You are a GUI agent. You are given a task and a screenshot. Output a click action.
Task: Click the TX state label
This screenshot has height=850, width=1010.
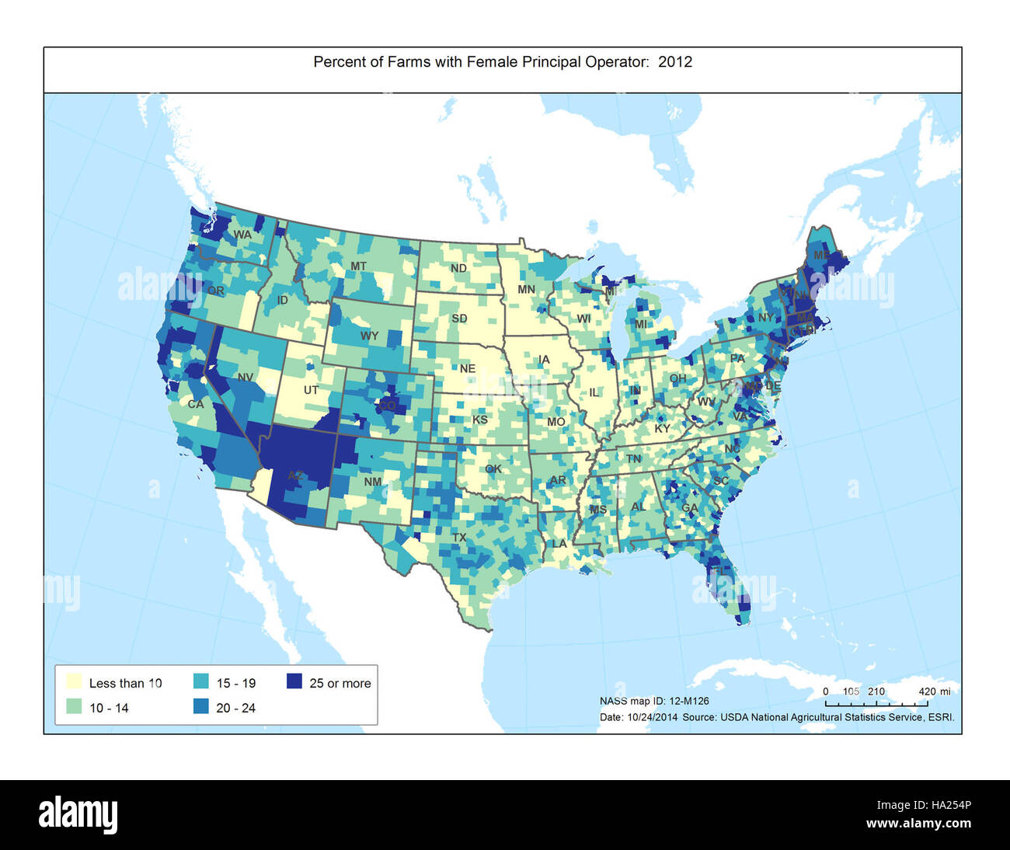(459, 538)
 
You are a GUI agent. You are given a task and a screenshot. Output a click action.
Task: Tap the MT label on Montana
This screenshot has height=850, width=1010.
(358, 266)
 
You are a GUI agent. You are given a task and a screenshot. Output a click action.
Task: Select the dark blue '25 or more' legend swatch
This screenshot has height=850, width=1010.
(293, 682)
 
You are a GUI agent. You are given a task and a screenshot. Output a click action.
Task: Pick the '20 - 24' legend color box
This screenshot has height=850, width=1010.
(200, 707)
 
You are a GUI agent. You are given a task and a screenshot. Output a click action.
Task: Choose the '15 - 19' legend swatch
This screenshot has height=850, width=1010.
(200, 682)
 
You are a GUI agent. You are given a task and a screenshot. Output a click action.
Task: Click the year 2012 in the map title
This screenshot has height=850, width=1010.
(675, 62)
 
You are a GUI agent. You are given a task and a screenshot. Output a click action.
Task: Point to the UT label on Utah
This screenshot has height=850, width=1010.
(311, 390)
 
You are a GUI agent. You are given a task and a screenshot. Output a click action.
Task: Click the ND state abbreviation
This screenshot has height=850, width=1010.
(458, 269)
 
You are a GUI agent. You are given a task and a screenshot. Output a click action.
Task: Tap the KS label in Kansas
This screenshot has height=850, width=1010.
(480, 420)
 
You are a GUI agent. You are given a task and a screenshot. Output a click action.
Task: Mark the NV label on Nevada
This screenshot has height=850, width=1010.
(246, 378)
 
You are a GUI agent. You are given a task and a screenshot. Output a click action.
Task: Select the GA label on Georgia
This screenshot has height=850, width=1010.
(689, 508)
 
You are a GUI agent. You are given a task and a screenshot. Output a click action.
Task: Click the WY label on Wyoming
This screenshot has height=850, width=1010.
(369, 336)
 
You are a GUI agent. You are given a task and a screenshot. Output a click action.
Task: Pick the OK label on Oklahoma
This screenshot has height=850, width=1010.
(493, 469)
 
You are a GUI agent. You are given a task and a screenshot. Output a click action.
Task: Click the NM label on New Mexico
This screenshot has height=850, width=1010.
(373, 482)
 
